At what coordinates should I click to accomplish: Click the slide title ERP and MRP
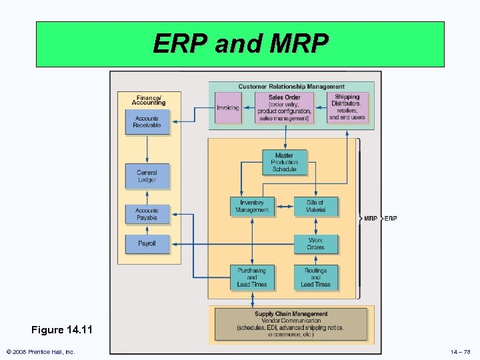click(240, 44)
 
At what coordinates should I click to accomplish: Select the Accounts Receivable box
click(147, 122)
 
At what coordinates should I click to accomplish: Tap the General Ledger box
click(147, 176)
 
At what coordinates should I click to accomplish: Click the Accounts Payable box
click(147, 214)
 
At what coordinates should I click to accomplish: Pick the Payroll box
click(147, 244)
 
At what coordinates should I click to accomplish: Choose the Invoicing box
click(228, 107)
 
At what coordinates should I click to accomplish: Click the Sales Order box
click(285, 108)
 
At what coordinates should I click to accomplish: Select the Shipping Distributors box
click(347, 107)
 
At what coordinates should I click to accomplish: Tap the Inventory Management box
click(252, 207)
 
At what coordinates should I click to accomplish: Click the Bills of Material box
click(315, 207)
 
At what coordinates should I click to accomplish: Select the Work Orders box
click(315, 244)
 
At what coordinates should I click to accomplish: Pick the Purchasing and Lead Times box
click(252, 277)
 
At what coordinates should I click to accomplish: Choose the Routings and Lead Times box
click(315, 277)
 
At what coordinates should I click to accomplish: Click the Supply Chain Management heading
click(291, 314)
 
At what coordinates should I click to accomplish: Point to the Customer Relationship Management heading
click(291, 87)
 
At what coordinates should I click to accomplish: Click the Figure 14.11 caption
click(61, 330)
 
